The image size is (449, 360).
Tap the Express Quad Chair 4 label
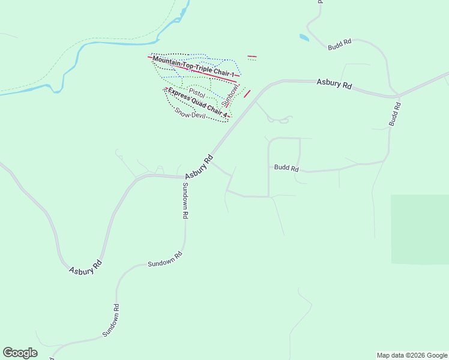click(x=198, y=103)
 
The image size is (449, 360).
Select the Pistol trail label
click(x=197, y=94)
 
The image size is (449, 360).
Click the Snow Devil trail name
click(x=190, y=112)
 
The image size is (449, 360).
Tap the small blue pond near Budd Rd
click(x=304, y=38)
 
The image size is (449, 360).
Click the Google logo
click(x=20, y=353)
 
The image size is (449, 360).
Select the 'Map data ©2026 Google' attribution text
click(x=412, y=355)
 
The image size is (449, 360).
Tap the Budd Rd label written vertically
click(x=394, y=113)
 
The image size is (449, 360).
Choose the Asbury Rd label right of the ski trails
click(x=334, y=84)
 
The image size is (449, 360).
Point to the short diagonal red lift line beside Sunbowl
click(x=247, y=94)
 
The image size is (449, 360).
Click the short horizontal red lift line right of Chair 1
click(x=252, y=56)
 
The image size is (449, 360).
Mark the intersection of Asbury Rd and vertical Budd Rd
click(x=396, y=95)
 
